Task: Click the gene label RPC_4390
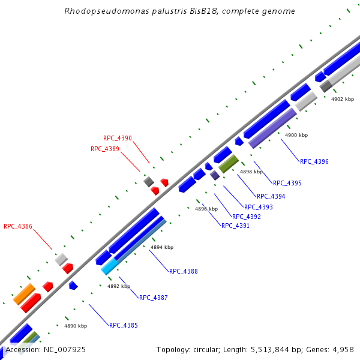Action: click(118, 138)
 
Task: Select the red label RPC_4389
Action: click(105, 149)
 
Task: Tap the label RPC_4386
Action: click(18, 227)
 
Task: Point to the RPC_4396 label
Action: click(314, 161)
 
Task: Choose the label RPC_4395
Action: click(287, 183)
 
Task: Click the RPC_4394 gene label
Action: click(271, 196)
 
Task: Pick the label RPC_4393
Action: click(259, 208)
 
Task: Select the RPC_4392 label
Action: click(247, 217)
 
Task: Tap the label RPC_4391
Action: click(235, 226)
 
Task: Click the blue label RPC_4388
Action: click(184, 271)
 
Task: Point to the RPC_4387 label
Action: click(154, 298)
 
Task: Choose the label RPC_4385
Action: click(124, 325)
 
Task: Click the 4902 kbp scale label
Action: click(343, 99)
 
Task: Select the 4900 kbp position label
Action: click(296, 135)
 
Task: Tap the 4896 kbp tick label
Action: click(206, 209)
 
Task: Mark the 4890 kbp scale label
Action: click(76, 326)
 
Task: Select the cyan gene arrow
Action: click(109, 266)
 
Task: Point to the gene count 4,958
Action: click(341, 349)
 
